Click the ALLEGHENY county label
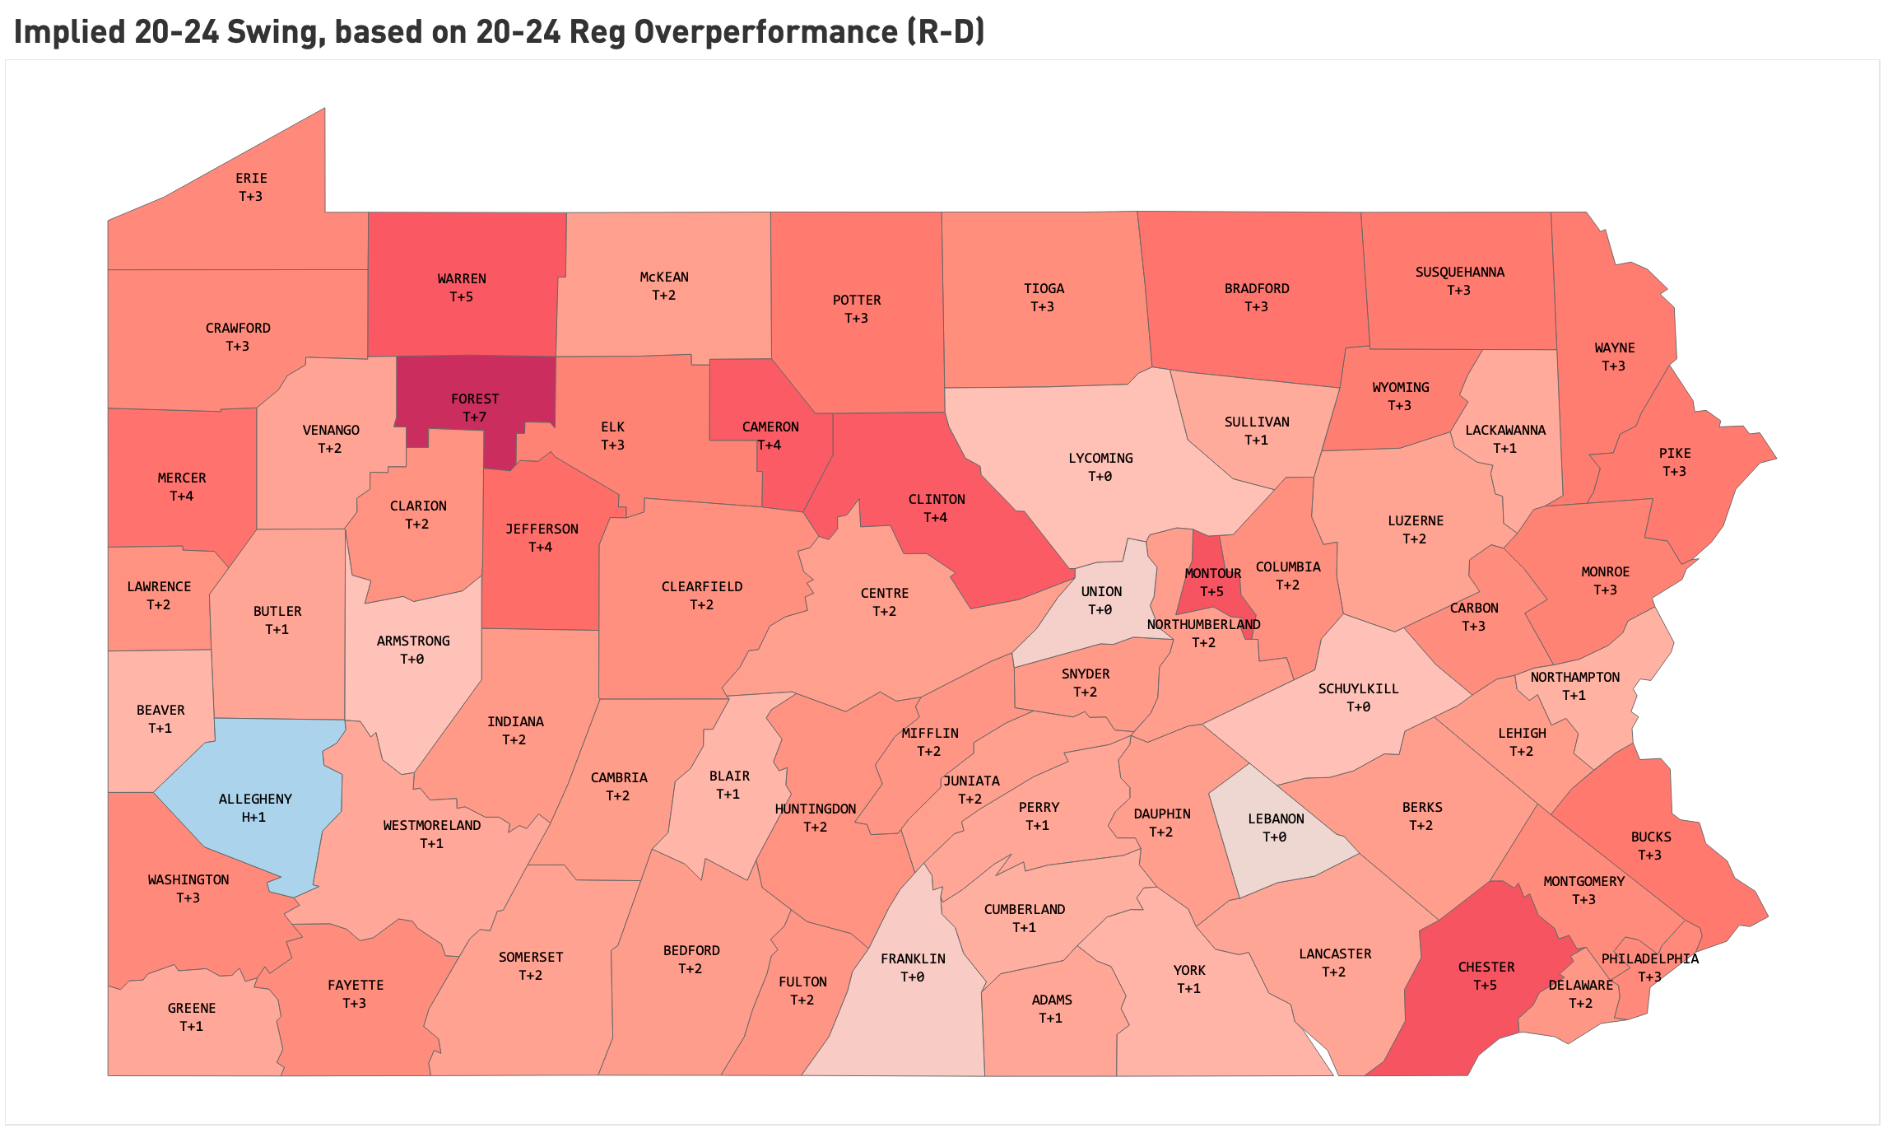[255, 799]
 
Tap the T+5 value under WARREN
[461, 296]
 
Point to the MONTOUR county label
[1212, 573]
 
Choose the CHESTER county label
[1486, 967]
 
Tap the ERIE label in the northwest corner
[251, 178]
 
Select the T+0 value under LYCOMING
[1100, 476]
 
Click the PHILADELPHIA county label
[1649, 958]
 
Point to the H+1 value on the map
[253, 817]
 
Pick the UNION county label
[1101, 591]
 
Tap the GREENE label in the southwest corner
[192, 1008]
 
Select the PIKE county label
[1675, 453]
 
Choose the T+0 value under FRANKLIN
[912, 977]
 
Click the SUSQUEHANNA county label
[1459, 272]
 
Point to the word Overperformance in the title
[765, 31]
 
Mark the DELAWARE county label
[1580, 985]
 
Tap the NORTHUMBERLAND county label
[1203, 624]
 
